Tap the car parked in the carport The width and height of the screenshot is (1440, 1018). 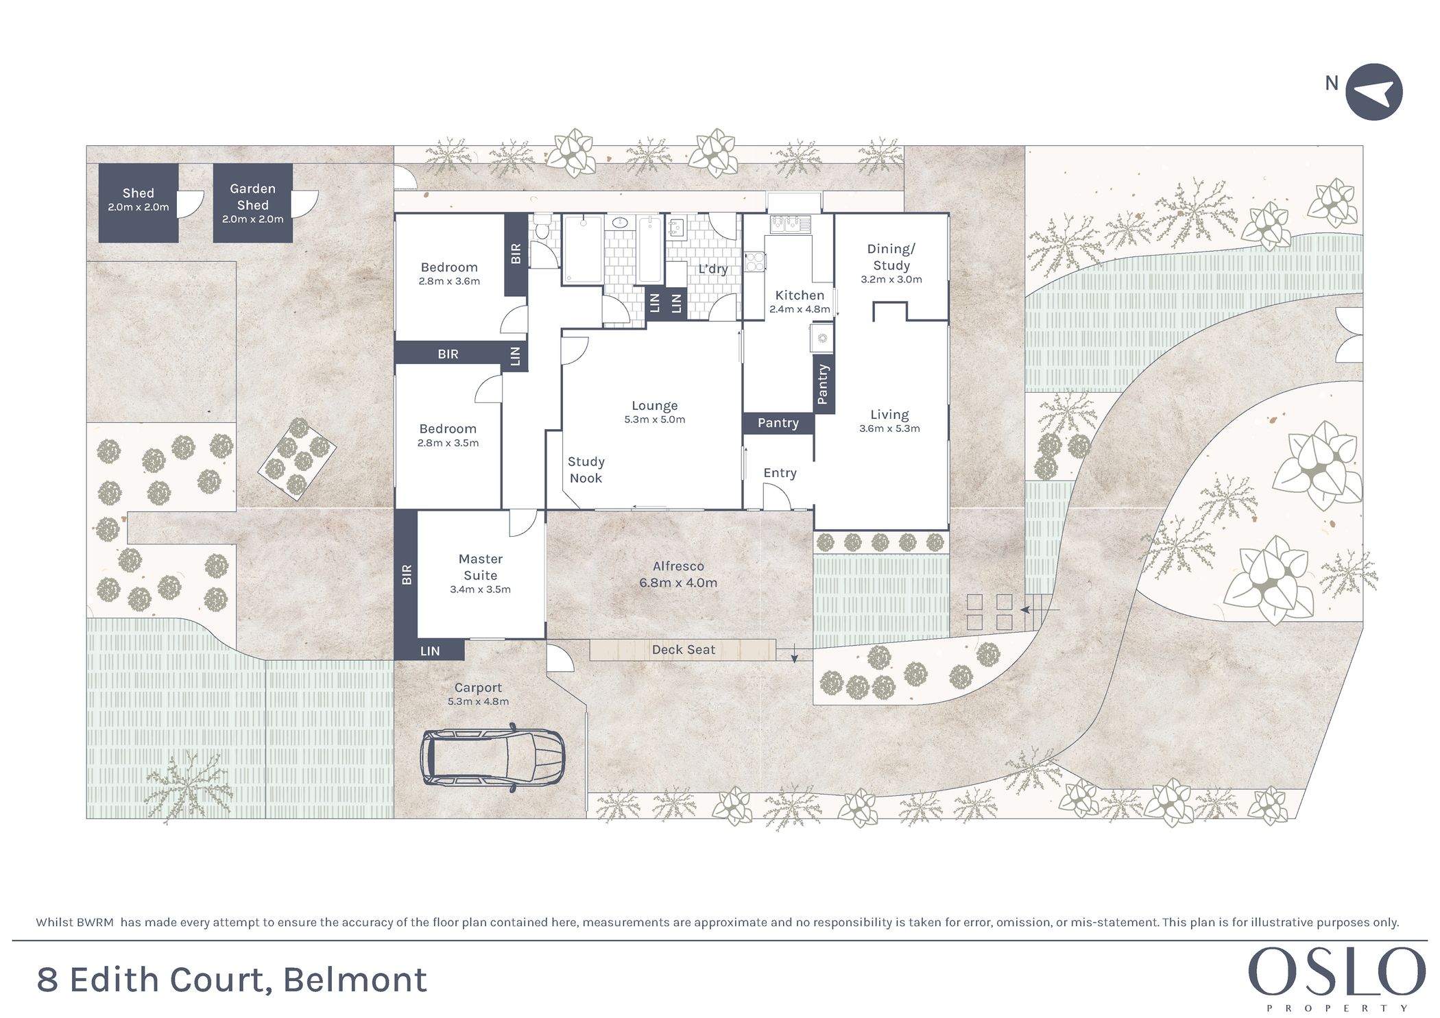(x=492, y=758)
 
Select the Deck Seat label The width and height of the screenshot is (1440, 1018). (x=683, y=650)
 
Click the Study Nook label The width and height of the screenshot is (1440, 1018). (x=586, y=470)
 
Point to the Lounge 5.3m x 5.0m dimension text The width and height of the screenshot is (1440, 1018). (x=655, y=420)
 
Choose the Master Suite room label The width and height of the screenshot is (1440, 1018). (x=480, y=568)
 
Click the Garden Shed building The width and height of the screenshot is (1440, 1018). (x=252, y=203)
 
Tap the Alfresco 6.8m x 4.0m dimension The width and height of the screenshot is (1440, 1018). (x=678, y=583)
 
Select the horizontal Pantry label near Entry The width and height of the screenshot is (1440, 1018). (x=778, y=423)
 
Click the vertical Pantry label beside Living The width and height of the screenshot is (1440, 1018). (x=823, y=384)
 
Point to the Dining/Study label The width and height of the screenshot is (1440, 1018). (x=891, y=257)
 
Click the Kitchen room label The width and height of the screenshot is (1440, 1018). (x=800, y=295)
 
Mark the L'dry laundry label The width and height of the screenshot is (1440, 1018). (x=712, y=269)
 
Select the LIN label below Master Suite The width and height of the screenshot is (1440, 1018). (x=430, y=651)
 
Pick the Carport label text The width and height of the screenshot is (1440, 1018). (x=478, y=688)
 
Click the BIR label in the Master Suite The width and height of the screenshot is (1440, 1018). (x=407, y=574)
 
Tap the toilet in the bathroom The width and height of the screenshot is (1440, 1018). (x=542, y=226)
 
